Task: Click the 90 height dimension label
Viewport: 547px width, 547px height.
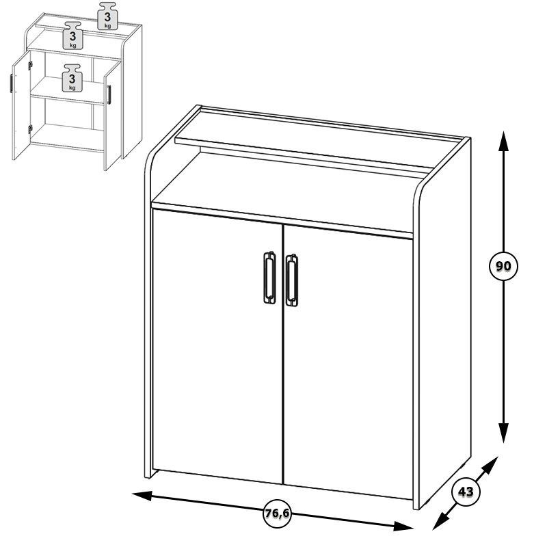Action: (503, 266)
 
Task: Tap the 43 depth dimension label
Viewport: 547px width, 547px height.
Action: (466, 492)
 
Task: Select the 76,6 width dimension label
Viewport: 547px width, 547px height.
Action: (277, 513)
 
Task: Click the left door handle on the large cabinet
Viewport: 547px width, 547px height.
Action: (269, 278)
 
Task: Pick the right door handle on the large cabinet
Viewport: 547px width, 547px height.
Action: (292, 280)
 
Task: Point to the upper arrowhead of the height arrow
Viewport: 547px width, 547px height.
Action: (503, 142)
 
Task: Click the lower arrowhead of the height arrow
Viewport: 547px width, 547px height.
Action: (503, 433)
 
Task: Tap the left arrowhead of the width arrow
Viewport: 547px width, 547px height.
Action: (142, 495)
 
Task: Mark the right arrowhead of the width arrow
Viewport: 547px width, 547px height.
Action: (403, 526)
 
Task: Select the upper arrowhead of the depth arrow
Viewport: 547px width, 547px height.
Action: (490, 464)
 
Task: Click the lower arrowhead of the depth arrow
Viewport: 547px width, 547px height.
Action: (440, 522)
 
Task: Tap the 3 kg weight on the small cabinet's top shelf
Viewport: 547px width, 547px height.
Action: (107, 16)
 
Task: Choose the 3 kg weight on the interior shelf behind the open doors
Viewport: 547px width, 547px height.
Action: (72, 78)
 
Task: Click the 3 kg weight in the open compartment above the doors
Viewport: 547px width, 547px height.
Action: (72, 36)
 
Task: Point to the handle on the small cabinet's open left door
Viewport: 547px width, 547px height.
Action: (12, 83)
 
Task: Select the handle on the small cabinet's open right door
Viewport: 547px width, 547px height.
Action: (109, 94)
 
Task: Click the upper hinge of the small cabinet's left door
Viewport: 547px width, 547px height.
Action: (30, 66)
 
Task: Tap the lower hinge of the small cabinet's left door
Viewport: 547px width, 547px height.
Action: (30, 129)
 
